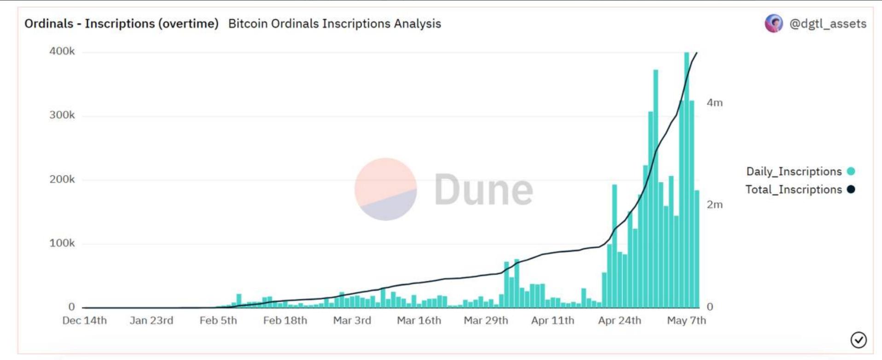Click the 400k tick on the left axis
(x=62, y=51)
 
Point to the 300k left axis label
(x=62, y=115)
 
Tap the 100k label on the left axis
(x=62, y=243)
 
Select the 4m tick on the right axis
(x=714, y=103)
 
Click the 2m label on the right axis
(x=714, y=205)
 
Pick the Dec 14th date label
(x=84, y=320)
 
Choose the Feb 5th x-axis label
(x=218, y=320)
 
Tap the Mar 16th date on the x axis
(x=419, y=320)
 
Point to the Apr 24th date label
(x=619, y=320)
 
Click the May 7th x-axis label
(x=686, y=320)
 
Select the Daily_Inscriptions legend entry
(x=794, y=171)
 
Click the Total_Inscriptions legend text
(x=794, y=190)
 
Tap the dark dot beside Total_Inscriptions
(x=851, y=189)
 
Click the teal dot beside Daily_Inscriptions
(x=851, y=171)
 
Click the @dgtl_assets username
(x=828, y=23)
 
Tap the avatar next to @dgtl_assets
(x=774, y=23)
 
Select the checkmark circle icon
(x=859, y=340)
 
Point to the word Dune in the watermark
(x=483, y=189)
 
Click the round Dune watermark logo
(x=386, y=189)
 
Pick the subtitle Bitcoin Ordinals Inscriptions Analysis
(x=334, y=23)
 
